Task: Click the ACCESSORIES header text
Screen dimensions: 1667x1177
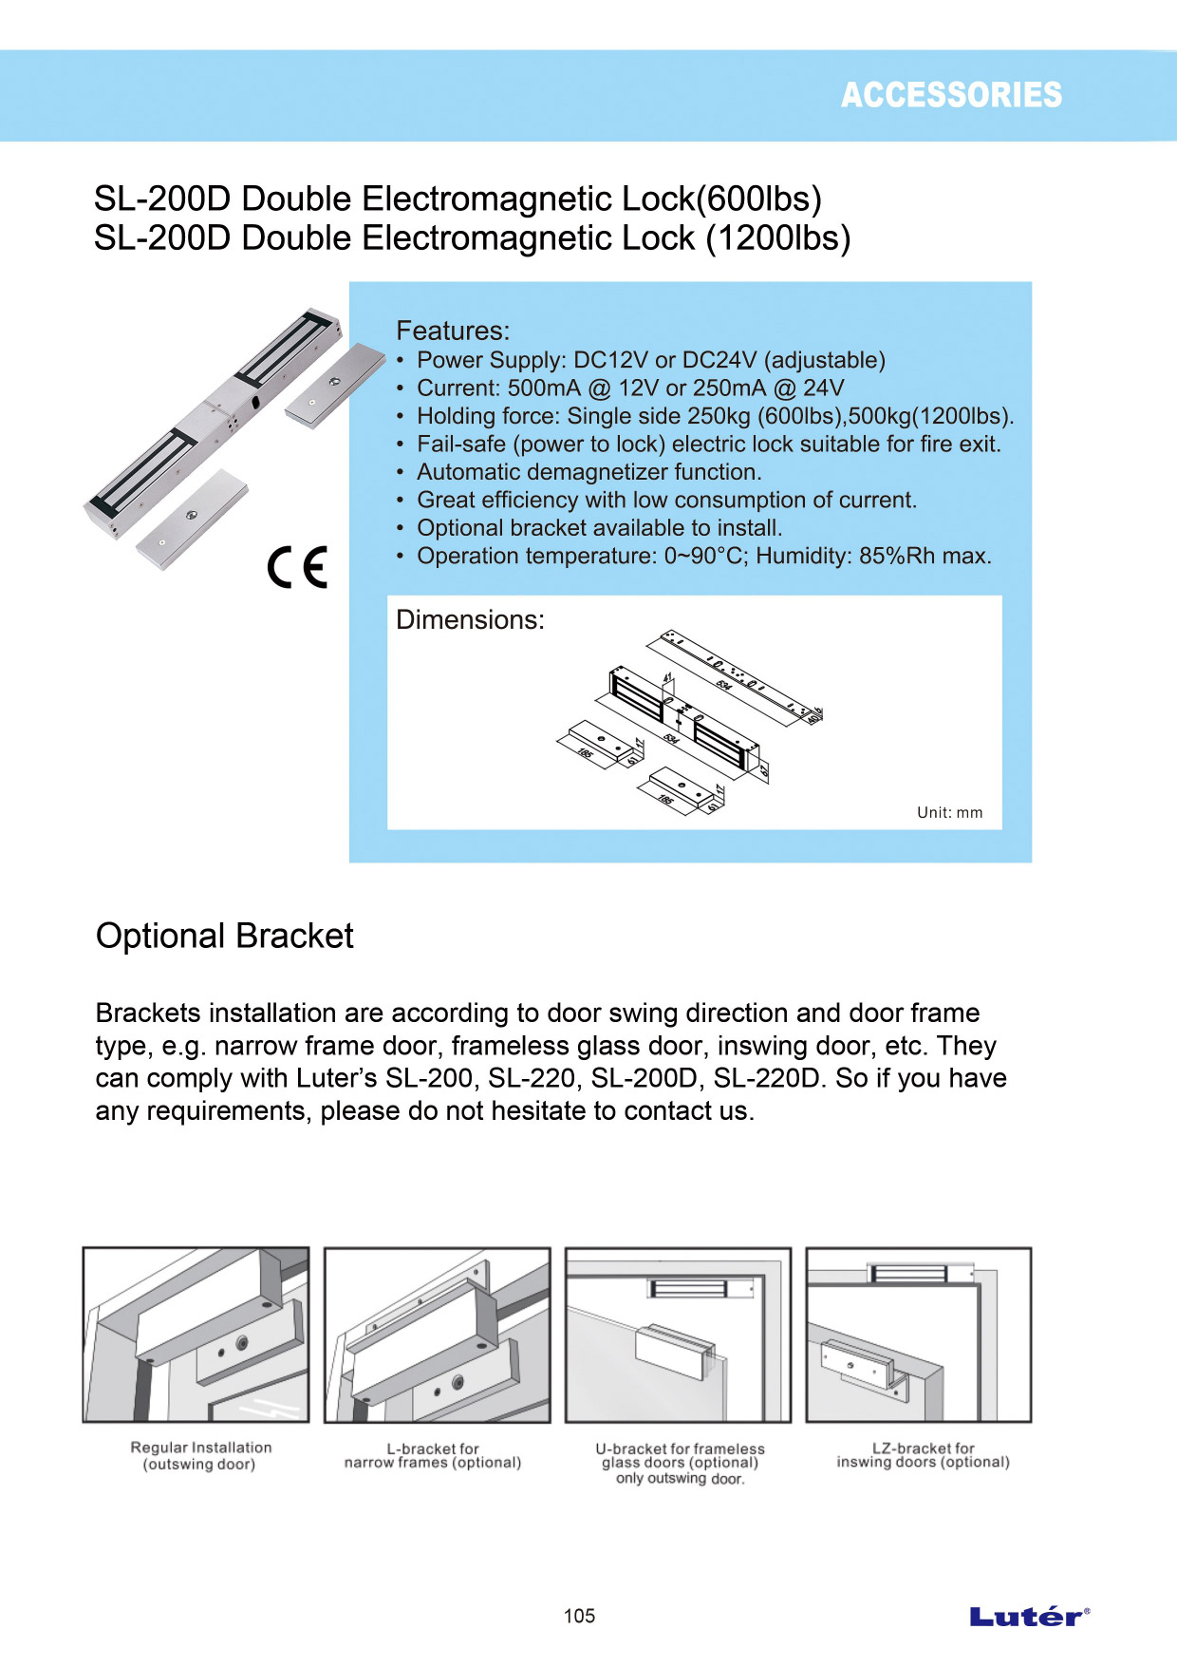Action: [951, 95]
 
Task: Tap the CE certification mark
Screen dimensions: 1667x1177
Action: [297, 567]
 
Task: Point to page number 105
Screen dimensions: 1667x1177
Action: [579, 1616]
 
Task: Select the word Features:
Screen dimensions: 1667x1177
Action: [453, 331]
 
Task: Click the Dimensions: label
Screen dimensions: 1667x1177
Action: [470, 619]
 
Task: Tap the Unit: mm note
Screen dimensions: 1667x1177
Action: [949, 812]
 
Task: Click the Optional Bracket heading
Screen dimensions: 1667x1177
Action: [224, 936]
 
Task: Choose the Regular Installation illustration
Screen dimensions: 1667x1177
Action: [196, 1335]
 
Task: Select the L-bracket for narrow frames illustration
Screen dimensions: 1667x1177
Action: [437, 1335]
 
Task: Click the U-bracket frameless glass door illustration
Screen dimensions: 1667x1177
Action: [678, 1335]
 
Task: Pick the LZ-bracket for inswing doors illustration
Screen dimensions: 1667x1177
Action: [918, 1335]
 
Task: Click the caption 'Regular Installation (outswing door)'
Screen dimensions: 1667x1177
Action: [200, 1455]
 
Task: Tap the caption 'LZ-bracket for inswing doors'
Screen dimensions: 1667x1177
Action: [923, 1455]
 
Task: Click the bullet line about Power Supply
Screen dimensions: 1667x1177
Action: [650, 360]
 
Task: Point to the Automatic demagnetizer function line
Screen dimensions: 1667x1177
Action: [588, 472]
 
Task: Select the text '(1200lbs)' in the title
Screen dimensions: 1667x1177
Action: [777, 237]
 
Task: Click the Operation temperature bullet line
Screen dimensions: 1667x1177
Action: [703, 556]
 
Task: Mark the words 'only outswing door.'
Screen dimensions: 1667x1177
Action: [680, 1478]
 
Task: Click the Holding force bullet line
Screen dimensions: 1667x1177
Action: [715, 416]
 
